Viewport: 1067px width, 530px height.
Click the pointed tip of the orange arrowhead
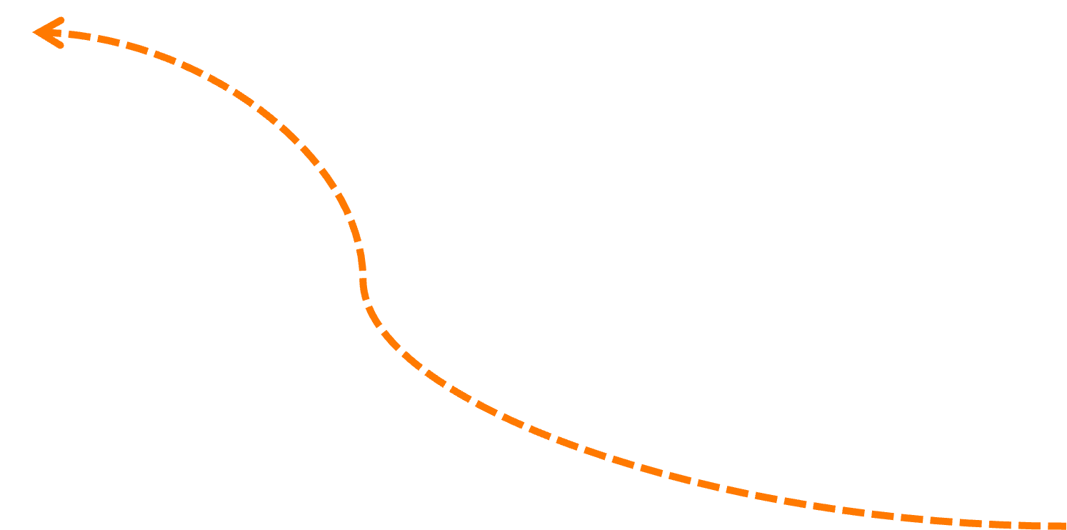tap(34, 32)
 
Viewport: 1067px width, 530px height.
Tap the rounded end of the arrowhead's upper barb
tap(61, 20)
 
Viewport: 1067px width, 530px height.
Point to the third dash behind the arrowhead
tap(137, 49)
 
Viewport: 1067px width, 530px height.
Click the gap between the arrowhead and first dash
tap(66, 34)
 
